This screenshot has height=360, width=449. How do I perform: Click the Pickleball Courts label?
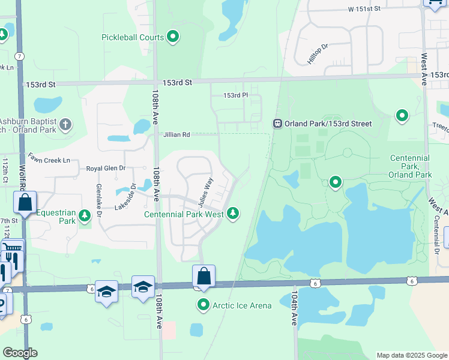[133, 37]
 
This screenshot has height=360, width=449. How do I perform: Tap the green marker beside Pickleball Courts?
[173, 37]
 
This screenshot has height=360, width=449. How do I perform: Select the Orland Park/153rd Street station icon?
[278, 124]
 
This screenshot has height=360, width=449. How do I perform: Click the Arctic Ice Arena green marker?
[203, 305]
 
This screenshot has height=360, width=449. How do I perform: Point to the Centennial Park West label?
[184, 214]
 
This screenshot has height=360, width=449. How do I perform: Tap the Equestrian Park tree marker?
[85, 214]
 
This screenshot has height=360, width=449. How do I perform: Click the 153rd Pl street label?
[235, 95]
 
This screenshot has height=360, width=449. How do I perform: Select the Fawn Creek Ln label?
[49, 161]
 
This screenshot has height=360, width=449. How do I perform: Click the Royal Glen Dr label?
[106, 169]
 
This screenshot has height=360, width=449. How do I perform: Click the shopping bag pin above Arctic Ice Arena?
[204, 276]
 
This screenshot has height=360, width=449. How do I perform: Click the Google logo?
[20, 353]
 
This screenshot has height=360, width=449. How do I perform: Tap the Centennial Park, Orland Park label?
[411, 166]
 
